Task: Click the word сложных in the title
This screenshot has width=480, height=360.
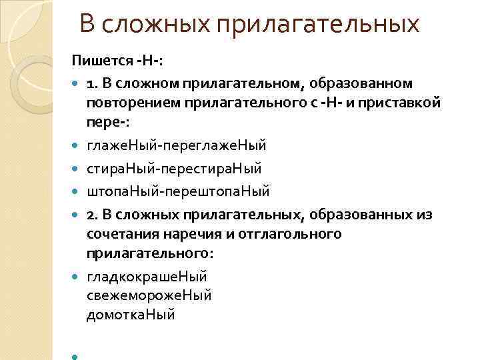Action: [x=165, y=25]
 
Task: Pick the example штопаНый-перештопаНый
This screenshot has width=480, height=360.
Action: [x=178, y=191]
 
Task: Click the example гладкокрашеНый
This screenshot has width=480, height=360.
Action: [x=147, y=275]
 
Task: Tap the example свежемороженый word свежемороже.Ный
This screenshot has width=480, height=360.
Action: [x=149, y=295]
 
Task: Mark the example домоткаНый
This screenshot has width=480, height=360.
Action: [x=131, y=314]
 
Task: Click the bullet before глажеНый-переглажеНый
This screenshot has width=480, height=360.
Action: [x=75, y=145]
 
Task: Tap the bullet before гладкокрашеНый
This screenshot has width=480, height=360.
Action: [x=75, y=275]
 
